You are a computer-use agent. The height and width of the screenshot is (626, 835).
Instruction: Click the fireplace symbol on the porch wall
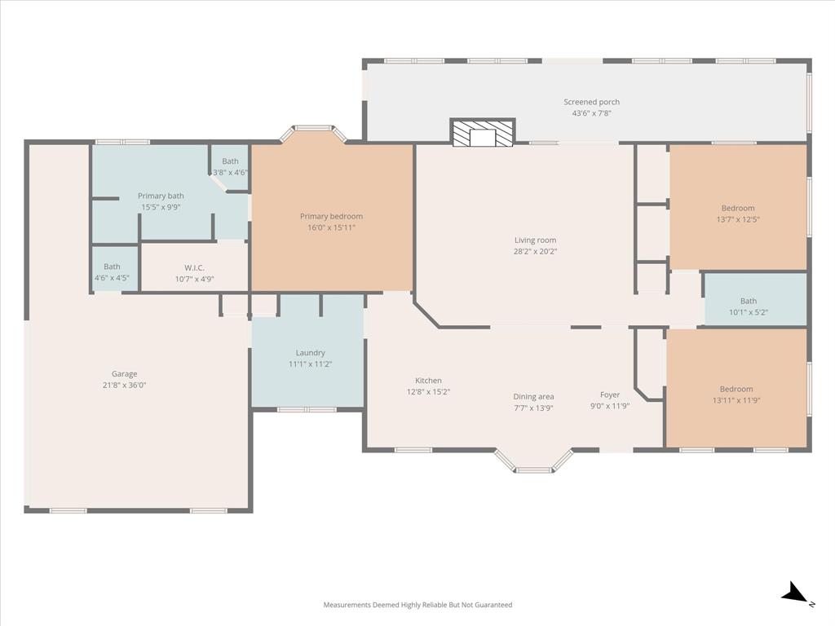483,134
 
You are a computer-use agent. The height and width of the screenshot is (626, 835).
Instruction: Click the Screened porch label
591,102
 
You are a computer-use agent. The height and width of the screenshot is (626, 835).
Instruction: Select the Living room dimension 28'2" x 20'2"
534,252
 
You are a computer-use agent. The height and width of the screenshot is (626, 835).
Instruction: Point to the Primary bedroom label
331,216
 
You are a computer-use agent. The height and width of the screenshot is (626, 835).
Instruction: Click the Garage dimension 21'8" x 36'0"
124,386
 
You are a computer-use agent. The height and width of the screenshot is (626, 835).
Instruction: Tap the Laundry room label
310,353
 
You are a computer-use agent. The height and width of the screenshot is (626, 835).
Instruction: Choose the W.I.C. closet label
194,267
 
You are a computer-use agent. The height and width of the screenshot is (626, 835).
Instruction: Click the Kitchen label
428,381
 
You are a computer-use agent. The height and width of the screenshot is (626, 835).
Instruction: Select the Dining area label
533,397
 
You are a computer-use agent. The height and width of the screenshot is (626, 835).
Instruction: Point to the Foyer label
610,395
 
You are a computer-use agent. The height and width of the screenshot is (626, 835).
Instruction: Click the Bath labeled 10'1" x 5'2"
748,301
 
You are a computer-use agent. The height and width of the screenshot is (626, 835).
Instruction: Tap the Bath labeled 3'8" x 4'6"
230,161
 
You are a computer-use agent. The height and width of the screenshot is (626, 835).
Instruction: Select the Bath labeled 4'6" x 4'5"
112,267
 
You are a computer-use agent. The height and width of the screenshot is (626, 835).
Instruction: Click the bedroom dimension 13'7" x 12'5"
737,219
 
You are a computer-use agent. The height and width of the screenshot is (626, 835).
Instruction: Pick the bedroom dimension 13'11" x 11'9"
736,400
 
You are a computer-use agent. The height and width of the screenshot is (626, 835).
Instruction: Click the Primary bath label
161,196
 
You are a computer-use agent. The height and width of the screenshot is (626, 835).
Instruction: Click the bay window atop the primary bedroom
313,130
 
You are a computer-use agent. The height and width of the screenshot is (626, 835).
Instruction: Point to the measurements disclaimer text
417,605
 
